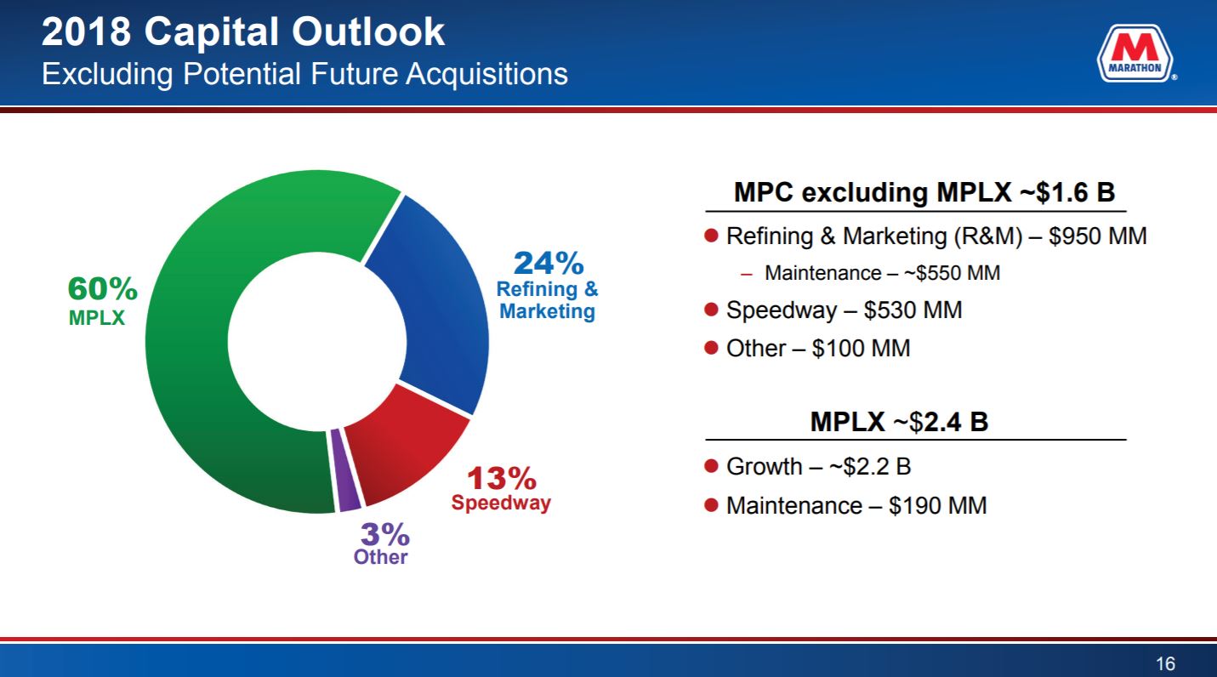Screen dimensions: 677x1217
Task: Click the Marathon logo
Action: (x=1135, y=54)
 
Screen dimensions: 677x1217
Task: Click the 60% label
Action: (x=103, y=290)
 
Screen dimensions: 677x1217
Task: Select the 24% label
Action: (x=549, y=263)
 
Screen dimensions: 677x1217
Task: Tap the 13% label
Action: (x=501, y=479)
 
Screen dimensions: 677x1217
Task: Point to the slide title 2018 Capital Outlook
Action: (x=243, y=32)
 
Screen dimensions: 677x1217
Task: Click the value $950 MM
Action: (x=1097, y=236)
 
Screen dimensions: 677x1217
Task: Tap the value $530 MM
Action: (x=913, y=310)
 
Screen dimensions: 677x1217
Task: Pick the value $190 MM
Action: (x=937, y=505)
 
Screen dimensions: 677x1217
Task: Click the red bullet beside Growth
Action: (x=712, y=466)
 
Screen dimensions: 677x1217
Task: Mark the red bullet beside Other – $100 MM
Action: (x=712, y=349)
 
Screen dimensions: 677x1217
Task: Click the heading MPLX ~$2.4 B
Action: (x=899, y=422)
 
